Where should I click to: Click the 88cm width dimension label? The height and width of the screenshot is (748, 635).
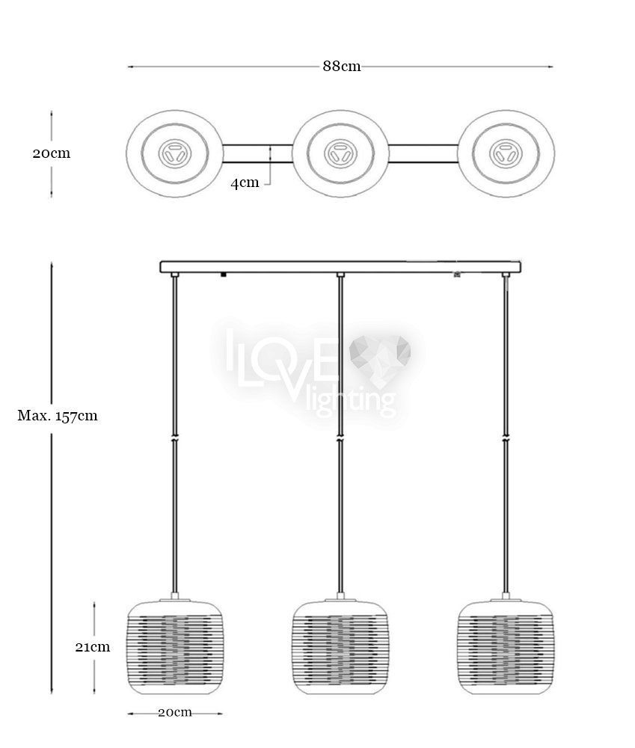coord(342,66)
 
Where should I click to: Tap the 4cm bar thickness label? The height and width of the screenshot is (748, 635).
coord(245,183)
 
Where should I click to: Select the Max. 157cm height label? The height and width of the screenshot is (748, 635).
coord(58,415)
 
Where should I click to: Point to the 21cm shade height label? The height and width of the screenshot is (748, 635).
coord(93,647)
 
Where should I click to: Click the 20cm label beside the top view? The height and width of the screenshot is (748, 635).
coord(52,153)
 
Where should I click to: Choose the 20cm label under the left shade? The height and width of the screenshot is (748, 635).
coord(175,712)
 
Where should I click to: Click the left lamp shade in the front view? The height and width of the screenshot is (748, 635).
coord(174,648)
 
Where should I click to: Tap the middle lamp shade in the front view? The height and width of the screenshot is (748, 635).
coord(340,648)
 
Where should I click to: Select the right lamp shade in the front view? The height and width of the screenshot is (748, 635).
coord(506,648)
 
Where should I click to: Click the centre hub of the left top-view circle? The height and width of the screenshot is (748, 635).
coord(174,153)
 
